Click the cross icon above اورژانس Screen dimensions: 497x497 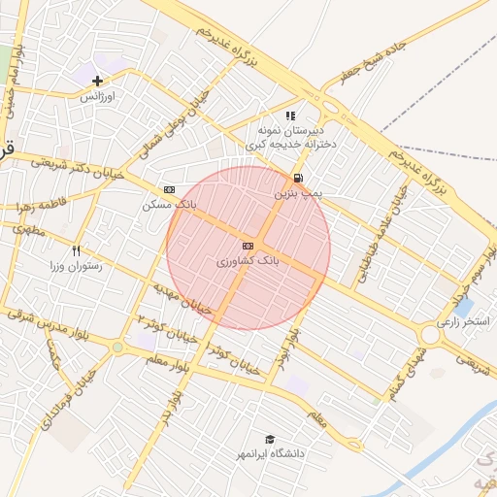[97, 81]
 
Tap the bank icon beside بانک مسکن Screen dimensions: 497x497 [170, 189]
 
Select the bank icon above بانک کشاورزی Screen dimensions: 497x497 [248, 246]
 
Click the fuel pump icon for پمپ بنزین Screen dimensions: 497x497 [297, 178]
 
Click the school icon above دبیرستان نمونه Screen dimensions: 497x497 [290, 116]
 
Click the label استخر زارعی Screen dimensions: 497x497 [463, 319]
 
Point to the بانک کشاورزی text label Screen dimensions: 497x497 [248, 261]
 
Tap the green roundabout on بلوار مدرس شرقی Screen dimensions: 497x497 [118, 347]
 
